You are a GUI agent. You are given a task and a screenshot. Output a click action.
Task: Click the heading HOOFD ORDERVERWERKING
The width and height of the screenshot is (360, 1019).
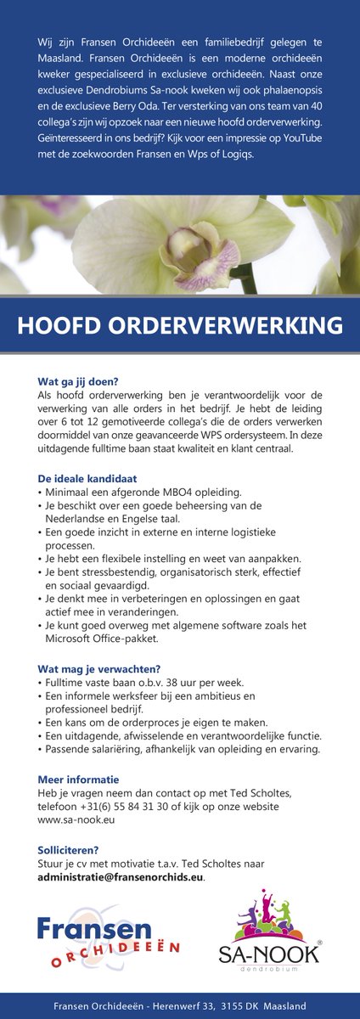[x=180, y=326]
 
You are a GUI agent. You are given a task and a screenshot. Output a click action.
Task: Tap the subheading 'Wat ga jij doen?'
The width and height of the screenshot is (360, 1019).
[x=78, y=381]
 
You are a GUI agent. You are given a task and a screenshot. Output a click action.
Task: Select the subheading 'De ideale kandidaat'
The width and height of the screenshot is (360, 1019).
[x=87, y=479]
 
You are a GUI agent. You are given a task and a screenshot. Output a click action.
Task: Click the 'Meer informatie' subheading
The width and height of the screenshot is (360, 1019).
[x=78, y=780]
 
